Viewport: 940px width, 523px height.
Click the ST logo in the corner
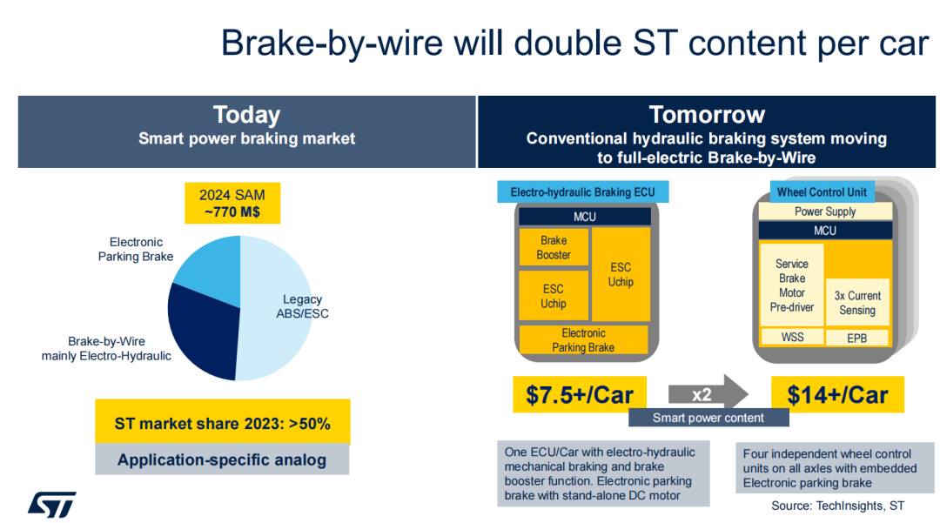[51, 505]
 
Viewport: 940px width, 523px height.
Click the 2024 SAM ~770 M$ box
[232, 203]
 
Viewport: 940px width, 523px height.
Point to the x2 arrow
[708, 394]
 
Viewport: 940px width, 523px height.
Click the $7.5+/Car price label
[579, 394]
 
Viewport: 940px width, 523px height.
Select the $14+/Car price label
[837, 394]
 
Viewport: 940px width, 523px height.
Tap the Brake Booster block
[554, 247]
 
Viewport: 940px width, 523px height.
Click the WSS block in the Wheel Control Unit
[792, 338]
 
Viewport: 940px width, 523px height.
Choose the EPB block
[857, 338]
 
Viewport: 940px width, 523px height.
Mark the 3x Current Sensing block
[857, 303]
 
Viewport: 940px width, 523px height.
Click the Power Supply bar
[825, 211]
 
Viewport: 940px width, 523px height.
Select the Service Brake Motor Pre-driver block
[792, 285]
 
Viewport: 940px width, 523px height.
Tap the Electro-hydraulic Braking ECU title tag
[582, 192]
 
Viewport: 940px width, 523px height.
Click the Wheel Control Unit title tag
[822, 192]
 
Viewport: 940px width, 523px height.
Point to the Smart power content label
[708, 418]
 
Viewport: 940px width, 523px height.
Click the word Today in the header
[247, 114]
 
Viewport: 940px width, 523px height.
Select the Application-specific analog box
[222, 459]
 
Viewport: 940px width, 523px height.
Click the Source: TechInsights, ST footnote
[837, 506]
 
